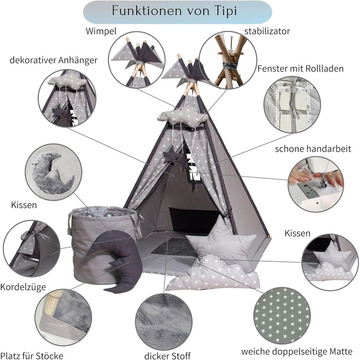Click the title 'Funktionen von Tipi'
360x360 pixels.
click(177, 11)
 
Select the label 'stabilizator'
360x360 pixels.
click(267, 31)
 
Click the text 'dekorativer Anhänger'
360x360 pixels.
click(53, 60)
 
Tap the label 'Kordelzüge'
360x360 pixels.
click(20, 286)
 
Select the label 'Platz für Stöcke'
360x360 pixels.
click(32, 355)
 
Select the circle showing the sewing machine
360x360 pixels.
click(315, 184)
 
